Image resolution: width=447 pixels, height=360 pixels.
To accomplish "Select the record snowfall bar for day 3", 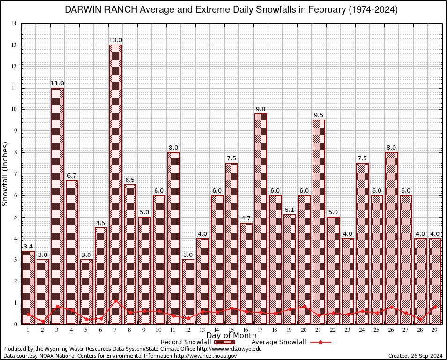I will (x=57, y=206).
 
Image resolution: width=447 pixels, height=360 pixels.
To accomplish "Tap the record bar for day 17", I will (x=261, y=218).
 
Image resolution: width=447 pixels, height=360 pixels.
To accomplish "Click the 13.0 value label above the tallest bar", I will (x=115, y=40).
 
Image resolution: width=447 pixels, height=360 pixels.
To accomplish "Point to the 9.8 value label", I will (x=261, y=109).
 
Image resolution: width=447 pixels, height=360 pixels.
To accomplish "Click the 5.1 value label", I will (x=290, y=210).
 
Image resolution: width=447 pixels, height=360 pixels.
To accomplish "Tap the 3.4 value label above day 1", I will (x=28, y=247).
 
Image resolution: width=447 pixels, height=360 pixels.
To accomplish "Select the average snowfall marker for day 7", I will (x=115, y=301).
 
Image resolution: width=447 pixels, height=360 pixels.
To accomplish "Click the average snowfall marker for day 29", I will (x=435, y=307).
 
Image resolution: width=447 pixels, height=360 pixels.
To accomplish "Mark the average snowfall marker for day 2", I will (x=43, y=322).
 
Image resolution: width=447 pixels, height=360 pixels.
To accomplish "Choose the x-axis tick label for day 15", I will (x=231, y=330).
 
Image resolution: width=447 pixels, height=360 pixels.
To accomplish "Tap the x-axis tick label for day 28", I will (x=420, y=330).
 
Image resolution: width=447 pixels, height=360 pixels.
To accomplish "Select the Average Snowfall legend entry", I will (x=291, y=342).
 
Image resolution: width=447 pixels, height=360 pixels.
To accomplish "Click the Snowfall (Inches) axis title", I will (x=6, y=173).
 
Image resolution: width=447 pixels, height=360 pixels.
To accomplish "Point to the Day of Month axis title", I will (x=231, y=336).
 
